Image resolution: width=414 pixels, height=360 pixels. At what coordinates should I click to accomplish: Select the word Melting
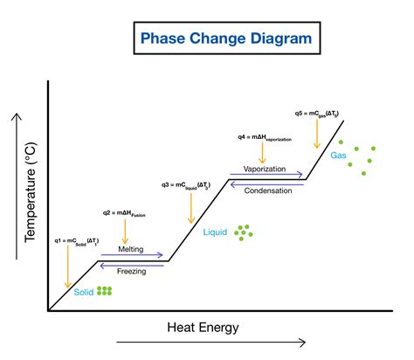pos(131,249)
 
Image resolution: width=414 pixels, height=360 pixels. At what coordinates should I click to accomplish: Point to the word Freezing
pos(131,271)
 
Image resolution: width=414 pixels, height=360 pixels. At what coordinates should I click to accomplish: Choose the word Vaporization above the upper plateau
pos(266,169)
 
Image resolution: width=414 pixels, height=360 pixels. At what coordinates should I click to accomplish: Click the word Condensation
pos(267,190)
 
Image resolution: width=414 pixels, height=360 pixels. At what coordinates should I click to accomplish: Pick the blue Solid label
pos(83,292)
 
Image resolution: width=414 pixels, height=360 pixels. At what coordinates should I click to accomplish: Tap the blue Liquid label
pos(216,232)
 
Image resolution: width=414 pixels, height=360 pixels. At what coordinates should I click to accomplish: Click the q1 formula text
pos(77,239)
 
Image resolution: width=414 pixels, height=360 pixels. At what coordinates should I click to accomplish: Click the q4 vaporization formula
pos(264,137)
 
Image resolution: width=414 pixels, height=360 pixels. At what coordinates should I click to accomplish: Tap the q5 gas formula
pos(323,113)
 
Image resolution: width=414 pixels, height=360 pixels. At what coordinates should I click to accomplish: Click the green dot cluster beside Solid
pos(105,291)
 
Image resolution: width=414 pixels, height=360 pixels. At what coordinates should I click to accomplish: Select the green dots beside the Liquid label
pos(244,232)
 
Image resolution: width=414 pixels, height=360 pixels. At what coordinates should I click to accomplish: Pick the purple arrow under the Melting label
pos(131,256)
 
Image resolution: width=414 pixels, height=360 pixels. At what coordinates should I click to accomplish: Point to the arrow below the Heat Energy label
pos(210,342)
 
